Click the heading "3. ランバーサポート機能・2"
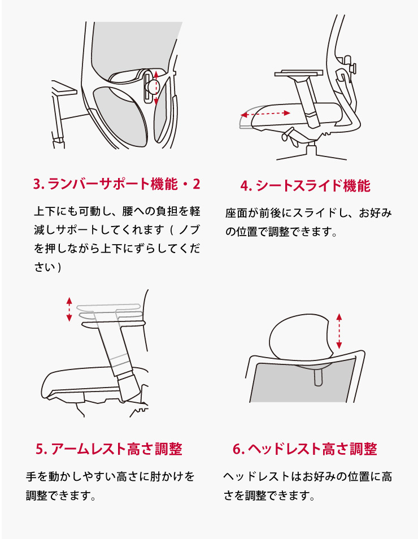[x=116, y=184]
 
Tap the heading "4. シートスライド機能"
[x=305, y=186]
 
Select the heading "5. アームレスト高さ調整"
[x=109, y=449]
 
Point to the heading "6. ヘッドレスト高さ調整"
[x=305, y=449]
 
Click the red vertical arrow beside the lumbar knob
[x=156, y=88]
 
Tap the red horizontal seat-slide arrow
[x=265, y=114]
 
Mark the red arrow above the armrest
[x=69, y=310]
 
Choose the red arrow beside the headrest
[x=339, y=331]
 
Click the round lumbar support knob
[x=151, y=85]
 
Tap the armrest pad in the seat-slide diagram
[x=299, y=73]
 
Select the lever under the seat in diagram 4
[x=288, y=134]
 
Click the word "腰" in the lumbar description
[x=128, y=211]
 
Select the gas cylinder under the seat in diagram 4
[x=311, y=150]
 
